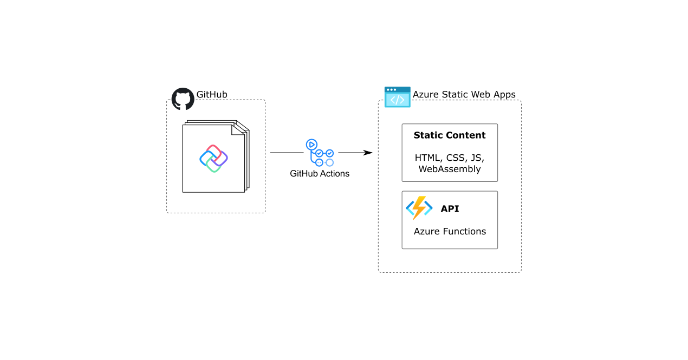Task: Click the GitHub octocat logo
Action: pos(183,99)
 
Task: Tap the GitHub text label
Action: pos(212,95)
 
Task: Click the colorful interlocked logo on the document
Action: pos(213,159)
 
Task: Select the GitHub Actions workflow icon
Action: pos(320,153)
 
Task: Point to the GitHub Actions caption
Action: pos(320,174)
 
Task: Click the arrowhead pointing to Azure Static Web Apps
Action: pos(368,153)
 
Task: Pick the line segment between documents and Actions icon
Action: pos(287,153)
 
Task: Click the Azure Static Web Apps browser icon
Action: pos(398,97)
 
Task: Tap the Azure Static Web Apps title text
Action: pos(464,95)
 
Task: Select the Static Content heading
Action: pos(450,135)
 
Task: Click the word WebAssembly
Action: pos(450,169)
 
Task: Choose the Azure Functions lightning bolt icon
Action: pos(419,208)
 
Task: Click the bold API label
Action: pos(450,209)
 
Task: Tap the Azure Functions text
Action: pos(450,231)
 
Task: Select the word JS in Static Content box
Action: pos(476,158)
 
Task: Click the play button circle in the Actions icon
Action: pos(311,145)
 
